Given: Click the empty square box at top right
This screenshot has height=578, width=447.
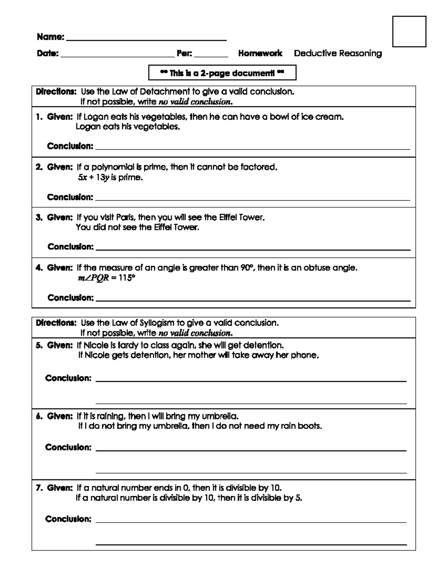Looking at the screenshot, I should pos(409,31).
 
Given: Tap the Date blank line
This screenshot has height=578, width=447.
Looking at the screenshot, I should pos(117,56).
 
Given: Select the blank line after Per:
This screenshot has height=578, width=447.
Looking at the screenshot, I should pos(211,56).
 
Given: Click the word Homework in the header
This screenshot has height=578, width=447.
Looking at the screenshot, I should pos(260,53).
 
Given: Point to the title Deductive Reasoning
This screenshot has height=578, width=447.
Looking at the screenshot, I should pos(337,53).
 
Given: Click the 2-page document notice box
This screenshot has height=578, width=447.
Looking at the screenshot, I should pos(222,73).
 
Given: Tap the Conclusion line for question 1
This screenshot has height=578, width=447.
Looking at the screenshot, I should pos(253,149).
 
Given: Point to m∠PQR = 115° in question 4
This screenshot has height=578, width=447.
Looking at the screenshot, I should pos(106,278).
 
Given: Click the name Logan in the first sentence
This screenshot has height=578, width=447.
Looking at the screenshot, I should pos(95,117).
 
